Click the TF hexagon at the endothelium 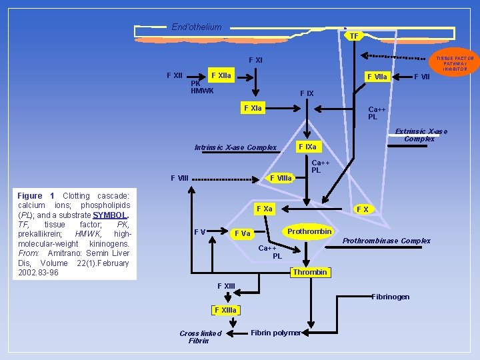point(354,36)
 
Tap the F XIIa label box point(220,75)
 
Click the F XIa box point(253,107)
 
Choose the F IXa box point(309,146)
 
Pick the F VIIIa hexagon point(281,177)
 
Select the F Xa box point(265,209)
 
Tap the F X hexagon point(363,209)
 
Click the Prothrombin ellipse point(309,231)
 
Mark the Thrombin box point(310,272)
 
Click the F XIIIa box point(225,310)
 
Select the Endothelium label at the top point(196,27)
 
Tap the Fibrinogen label point(390,296)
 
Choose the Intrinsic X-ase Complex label point(235,147)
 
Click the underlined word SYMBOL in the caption point(111,215)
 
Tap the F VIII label point(180,178)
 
